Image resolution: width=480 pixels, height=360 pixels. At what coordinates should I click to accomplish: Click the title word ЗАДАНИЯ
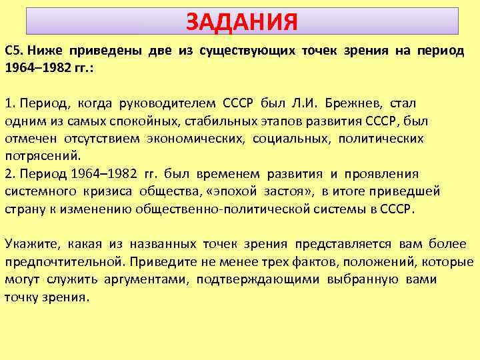241,22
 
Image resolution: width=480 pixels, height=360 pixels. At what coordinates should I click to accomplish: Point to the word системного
37,191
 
